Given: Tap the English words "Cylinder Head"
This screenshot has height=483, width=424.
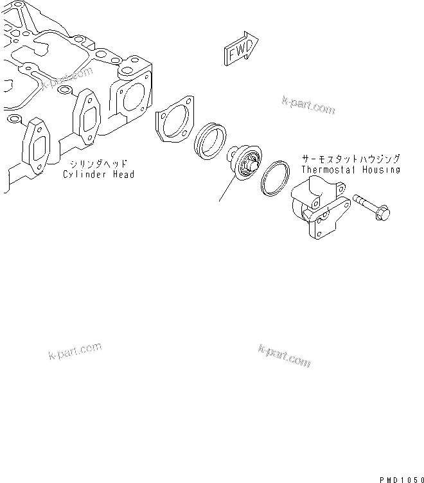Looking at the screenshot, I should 99,174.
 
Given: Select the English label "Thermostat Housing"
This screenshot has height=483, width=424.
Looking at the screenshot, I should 351,170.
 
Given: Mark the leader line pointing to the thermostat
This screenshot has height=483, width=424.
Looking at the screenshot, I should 227,189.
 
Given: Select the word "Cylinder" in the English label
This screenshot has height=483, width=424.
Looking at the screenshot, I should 85,174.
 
